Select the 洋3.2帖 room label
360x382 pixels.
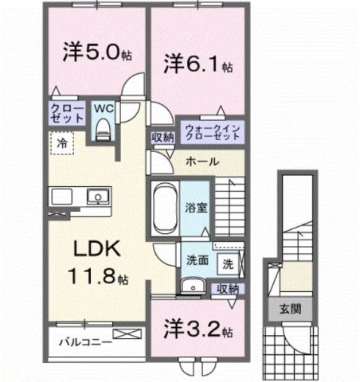tap(198, 329)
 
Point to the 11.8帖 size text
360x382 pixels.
tap(100, 279)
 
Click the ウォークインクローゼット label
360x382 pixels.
tap(212, 132)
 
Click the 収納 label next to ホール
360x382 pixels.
tap(163, 137)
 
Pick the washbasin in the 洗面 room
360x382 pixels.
tap(190, 289)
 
